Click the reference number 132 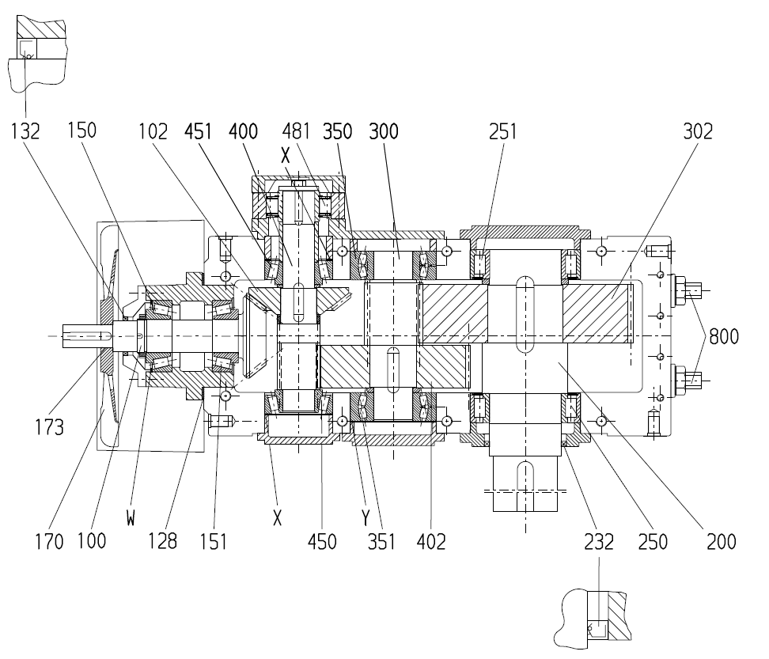(x=25, y=131)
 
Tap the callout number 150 (x=82, y=131)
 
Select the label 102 (x=153, y=131)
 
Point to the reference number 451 (x=198, y=131)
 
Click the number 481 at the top (x=296, y=131)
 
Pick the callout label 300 (x=384, y=131)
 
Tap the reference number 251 (x=502, y=131)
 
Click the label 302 (x=698, y=131)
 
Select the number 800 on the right (x=724, y=337)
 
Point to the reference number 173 (x=49, y=427)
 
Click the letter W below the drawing (x=131, y=517)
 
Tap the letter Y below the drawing (x=366, y=517)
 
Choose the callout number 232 (x=599, y=542)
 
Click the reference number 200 (x=722, y=542)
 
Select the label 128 (x=162, y=541)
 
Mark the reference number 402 (x=431, y=542)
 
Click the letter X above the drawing (x=286, y=156)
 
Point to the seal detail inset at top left (x=37, y=54)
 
